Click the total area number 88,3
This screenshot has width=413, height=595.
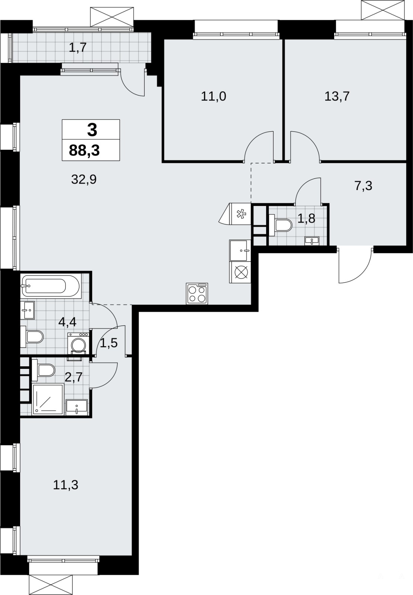(84, 150)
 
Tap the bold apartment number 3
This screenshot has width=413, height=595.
(92, 130)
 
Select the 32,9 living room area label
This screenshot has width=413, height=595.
(84, 180)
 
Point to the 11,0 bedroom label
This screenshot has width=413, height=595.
(213, 96)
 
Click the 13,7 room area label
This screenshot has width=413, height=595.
(337, 96)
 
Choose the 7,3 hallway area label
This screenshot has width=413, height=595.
(363, 186)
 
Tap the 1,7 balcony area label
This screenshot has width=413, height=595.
(78, 48)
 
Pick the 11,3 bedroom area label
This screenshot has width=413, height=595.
(65, 485)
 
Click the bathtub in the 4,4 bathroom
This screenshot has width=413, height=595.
(51, 286)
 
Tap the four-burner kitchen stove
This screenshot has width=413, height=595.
(197, 293)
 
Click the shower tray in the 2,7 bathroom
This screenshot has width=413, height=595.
(48, 399)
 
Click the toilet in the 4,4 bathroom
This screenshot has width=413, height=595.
(32, 337)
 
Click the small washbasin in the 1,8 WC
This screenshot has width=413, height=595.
(312, 241)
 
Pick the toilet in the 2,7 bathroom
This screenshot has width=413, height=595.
(43, 370)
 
